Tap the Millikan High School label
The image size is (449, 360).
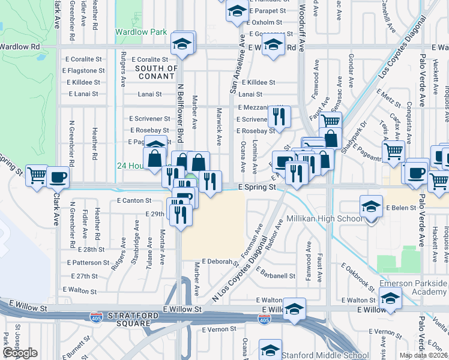(x=325, y=218)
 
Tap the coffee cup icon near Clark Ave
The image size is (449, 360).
(x=58, y=176)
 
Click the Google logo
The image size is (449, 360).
(x=20, y=353)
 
